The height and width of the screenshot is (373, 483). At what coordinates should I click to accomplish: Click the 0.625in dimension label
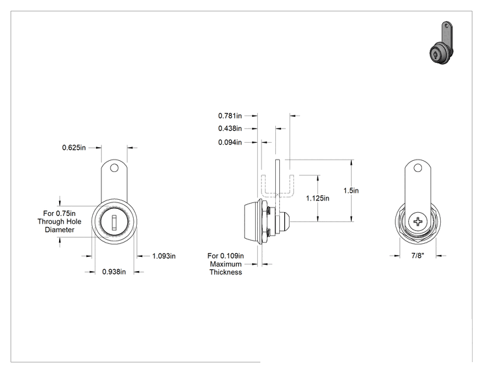[74, 148]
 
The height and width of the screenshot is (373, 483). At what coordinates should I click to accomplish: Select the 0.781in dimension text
[230, 115]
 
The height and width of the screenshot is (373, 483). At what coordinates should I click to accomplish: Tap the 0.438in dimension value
[230, 128]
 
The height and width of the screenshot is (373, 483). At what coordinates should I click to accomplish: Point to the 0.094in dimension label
[230, 142]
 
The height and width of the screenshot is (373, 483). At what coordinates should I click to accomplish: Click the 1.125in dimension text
[317, 199]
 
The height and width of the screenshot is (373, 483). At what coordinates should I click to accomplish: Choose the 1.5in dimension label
[351, 191]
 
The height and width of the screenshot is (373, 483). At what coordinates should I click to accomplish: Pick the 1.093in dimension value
[164, 256]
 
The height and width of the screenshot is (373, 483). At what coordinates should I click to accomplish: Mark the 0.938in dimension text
[114, 272]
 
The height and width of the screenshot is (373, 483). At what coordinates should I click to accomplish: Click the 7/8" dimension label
[417, 256]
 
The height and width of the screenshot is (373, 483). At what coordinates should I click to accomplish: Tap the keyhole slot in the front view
[114, 223]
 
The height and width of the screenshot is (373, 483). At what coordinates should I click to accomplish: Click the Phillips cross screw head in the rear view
[418, 221]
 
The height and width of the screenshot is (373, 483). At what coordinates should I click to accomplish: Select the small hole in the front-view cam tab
[114, 168]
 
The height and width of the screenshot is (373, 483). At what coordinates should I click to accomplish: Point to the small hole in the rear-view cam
[417, 168]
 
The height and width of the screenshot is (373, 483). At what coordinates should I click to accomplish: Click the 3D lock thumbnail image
[442, 43]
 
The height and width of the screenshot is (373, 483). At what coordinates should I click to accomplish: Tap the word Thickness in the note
[226, 272]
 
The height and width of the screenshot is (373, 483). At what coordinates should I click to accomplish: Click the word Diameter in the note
[60, 230]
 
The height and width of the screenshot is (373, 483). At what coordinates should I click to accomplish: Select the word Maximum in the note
[226, 264]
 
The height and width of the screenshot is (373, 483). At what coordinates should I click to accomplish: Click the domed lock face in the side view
[251, 221]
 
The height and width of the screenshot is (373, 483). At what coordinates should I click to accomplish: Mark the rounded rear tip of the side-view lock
[286, 221]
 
